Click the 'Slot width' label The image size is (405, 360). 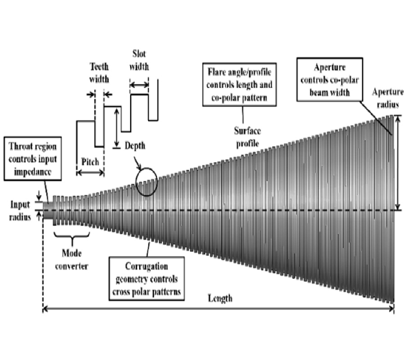tap(139, 60)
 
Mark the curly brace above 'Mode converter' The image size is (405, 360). tap(71, 236)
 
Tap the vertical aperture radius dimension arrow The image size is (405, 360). tap(397, 162)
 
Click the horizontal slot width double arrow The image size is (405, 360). tap(139, 84)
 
